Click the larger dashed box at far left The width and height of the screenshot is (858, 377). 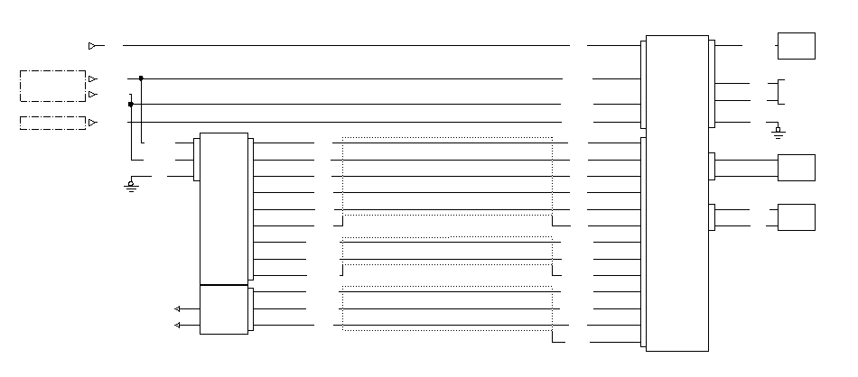point(52,86)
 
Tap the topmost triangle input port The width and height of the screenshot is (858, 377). point(93,45)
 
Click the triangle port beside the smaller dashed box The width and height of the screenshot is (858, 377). point(93,123)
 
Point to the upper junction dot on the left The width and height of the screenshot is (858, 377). point(141,78)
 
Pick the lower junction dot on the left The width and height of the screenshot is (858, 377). point(131,104)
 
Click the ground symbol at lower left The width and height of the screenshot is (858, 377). point(131,186)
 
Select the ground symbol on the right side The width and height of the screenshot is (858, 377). point(779,133)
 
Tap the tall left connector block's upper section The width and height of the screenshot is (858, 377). point(223,208)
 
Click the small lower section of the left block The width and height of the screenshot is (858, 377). point(223,309)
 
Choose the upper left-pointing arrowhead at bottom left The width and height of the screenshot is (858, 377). point(178,308)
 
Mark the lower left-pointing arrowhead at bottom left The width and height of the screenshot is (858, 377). point(178,325)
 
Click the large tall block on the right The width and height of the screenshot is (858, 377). point(676,193)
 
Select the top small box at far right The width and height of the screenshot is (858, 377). point(796,46)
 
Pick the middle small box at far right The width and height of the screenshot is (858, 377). point(796,168)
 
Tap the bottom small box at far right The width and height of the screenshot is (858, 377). point(796,217)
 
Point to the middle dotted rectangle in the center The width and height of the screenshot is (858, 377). point(447,256)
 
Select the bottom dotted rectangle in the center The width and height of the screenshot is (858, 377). point(447,308)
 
